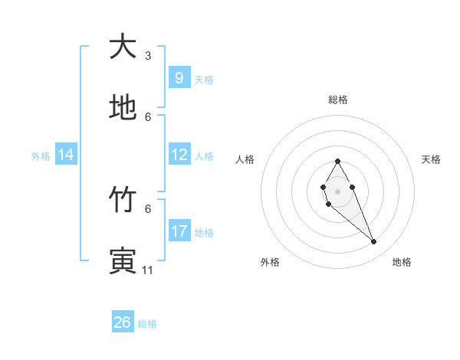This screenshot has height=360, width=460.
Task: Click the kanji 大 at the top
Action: [x=122, y=47]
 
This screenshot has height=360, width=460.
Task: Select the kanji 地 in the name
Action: [x=122, y=108]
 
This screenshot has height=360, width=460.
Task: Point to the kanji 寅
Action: [x=122, y=260]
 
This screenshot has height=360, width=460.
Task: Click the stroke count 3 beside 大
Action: [x=148, y=56]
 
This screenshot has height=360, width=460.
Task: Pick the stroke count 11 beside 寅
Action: [x=148, y=270]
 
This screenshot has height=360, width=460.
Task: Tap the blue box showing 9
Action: [x=179, y=77]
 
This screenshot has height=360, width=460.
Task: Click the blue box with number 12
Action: [x=179, y=155]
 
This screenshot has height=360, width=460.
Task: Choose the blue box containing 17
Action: [x=179, y=231]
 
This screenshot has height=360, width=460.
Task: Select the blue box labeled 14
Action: [x=66, y=155]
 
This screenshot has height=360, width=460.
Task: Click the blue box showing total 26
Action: [x=122, y=322]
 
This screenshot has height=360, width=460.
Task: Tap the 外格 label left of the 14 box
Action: [x=41, y=155]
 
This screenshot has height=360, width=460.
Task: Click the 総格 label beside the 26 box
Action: [x=147, y=323]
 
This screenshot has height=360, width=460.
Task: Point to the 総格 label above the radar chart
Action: [x=337, y=100]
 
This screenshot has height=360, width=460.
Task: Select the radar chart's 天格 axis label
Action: [x=431, y=159]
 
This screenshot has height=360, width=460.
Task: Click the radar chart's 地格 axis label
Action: [x=402, y=262]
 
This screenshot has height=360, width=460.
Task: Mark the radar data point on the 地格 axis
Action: [x=374, y=242]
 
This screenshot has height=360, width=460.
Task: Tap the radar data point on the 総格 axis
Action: [x=337, y=161]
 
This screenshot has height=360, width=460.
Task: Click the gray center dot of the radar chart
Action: [x=337, y=191]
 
